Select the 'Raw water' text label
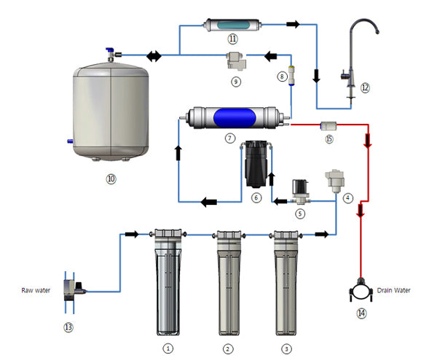(x=34, y=289)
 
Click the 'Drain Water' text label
(x=393, y=290)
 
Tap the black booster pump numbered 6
(x=256, y=165)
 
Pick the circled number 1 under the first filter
(x=168, y=348)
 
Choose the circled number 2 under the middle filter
(x=228, y=348)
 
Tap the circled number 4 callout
(x=348, y=198)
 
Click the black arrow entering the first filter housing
(x=132, y=234)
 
